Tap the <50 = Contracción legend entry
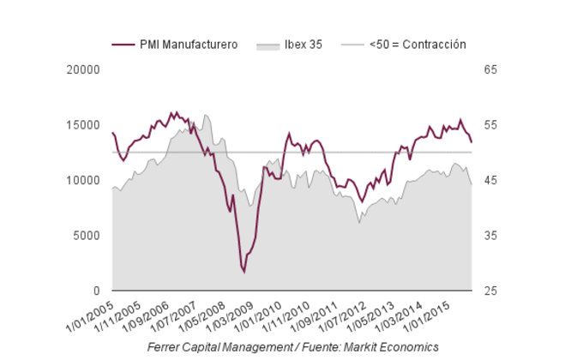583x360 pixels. point(417,44)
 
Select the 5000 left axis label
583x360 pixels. point(87,236)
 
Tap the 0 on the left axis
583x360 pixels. point(96,291)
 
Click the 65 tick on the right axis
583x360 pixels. point(490,69)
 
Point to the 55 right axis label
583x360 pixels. point(490,125)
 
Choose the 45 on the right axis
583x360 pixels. point(490,180)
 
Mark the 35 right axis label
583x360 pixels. point(490,236)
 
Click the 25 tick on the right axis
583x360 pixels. point(490,291)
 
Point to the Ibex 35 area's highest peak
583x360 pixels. point(206,115)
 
